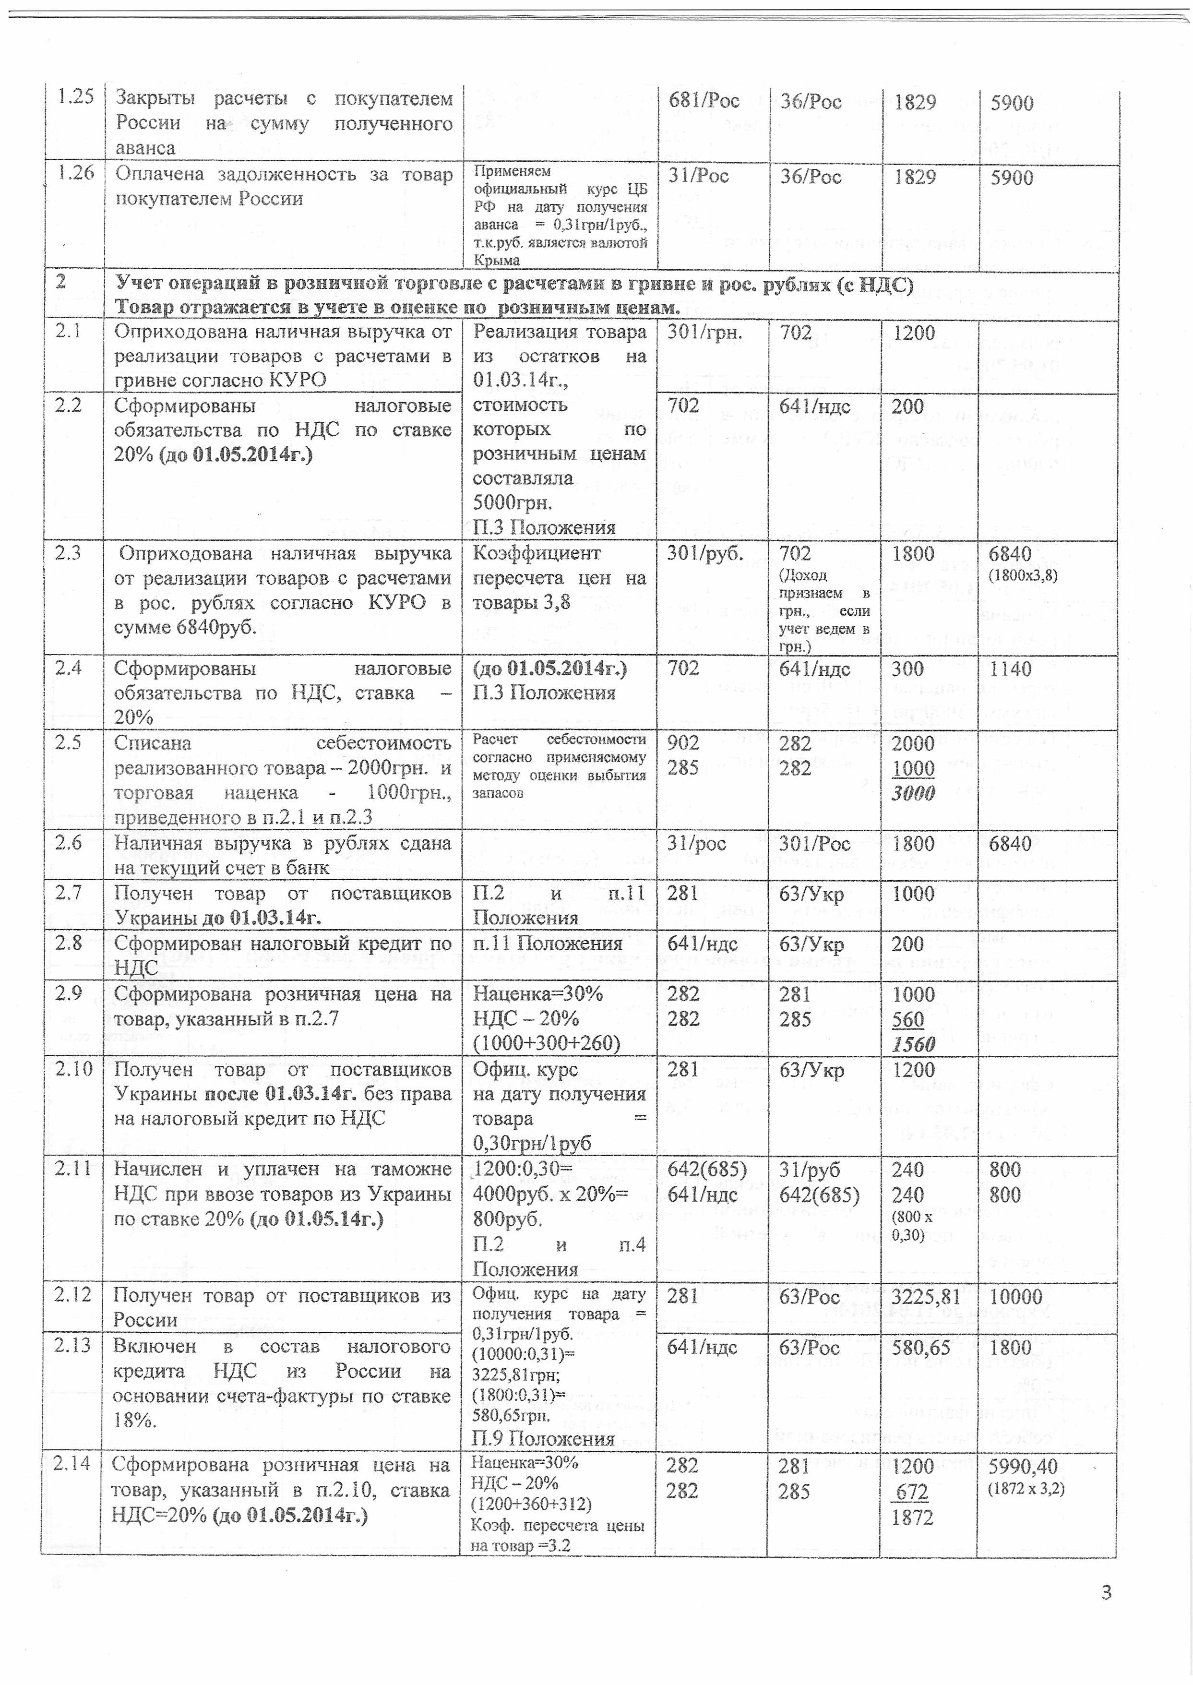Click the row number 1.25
76,98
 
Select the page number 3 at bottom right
1106,1592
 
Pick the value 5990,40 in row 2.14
1023,1466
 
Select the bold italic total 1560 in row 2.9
914,1044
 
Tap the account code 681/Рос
703,101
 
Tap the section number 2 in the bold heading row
60,282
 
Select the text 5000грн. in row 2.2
512,502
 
